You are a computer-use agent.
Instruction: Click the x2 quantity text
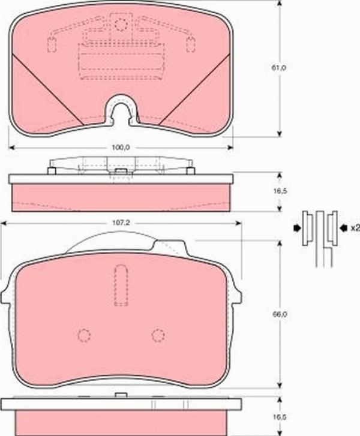(354, 228)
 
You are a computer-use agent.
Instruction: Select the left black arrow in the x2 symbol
(297, 228)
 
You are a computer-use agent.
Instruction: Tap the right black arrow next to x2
(343, 228)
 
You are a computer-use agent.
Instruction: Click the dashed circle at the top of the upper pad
(122, 25)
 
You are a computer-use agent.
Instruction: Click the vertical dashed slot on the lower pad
(121, 285)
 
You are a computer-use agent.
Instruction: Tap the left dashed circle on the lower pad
(85, 335)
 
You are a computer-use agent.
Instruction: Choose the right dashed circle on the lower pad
(158, 335)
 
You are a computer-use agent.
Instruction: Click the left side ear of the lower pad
(7, 295)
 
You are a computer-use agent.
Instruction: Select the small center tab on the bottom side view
(121, 395)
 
